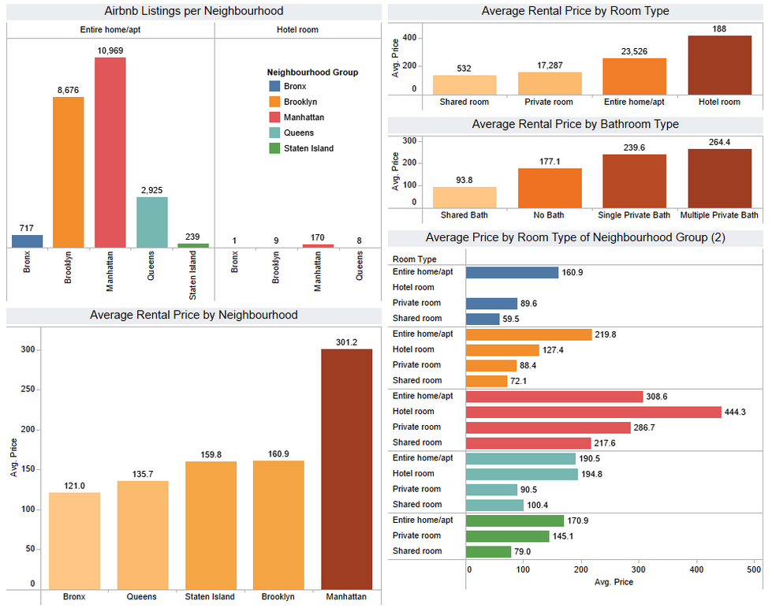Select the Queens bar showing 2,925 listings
151,222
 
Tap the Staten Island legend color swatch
274,148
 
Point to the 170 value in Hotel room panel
318,237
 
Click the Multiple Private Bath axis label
719,215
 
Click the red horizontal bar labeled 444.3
593,412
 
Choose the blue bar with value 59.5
483,319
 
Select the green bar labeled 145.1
507,535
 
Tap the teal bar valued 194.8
521,474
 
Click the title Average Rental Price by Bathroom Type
575,125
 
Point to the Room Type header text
414,259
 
